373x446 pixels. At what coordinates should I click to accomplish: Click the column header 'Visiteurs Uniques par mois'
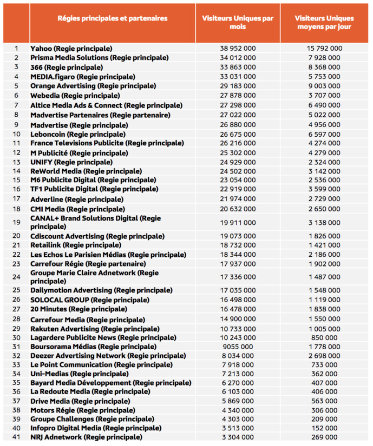238,22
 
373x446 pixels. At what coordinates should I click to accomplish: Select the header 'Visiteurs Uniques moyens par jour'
325,22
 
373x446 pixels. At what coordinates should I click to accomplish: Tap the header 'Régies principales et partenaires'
113,18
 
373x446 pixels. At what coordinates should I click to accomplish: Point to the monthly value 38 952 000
238,49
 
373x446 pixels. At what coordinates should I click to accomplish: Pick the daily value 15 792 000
325,49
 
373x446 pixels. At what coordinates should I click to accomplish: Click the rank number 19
16,222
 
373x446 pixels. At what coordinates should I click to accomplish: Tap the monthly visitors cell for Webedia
238,96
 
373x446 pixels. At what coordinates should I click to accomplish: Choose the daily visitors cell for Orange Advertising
325,86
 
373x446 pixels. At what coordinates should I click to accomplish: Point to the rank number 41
16,437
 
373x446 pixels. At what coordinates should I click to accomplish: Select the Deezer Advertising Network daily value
325,356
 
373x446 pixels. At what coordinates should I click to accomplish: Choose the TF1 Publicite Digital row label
94,189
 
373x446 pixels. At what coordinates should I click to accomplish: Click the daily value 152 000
325,428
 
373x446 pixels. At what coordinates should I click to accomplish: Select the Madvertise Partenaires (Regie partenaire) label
100,115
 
